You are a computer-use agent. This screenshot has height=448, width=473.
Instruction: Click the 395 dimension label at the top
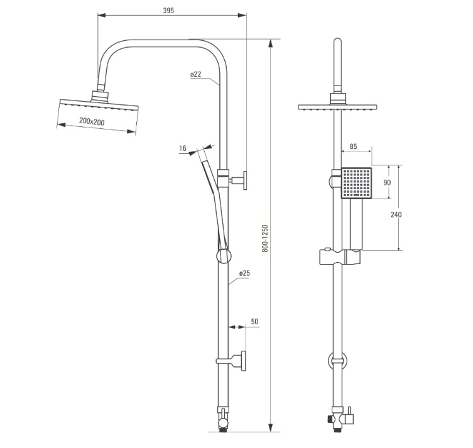click(x=168, y=11)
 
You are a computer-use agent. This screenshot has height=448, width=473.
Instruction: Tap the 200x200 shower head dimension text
click(x=92, y=121)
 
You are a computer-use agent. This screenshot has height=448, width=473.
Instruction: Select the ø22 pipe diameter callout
click(x=195, y=74)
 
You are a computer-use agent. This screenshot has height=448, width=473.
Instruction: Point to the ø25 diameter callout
click(x=244, y=273)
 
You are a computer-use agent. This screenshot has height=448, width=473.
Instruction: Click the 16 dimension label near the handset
click(x=183, y=148)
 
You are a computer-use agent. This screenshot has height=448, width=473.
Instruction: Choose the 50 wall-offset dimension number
click(x=254, y=321)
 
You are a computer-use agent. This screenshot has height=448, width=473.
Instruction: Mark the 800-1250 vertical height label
click(x=264, y=238)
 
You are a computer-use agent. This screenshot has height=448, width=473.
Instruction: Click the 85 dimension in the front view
click(x=353, y=146)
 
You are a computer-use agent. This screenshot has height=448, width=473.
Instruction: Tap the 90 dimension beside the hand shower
click(x=387, y=182)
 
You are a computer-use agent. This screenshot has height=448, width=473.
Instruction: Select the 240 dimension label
click(x=396, y=214)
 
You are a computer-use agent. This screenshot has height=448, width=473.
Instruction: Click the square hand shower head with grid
click(x=357, y=183)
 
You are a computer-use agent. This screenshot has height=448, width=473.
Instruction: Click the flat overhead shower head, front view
click(x=337, y=104)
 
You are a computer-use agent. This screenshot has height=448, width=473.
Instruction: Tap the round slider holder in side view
click(x=224, y=256)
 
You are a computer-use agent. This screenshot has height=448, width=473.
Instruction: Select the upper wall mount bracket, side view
click(x=237, y=180)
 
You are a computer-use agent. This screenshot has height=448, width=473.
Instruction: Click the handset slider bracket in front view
click(x=340, y=257)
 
